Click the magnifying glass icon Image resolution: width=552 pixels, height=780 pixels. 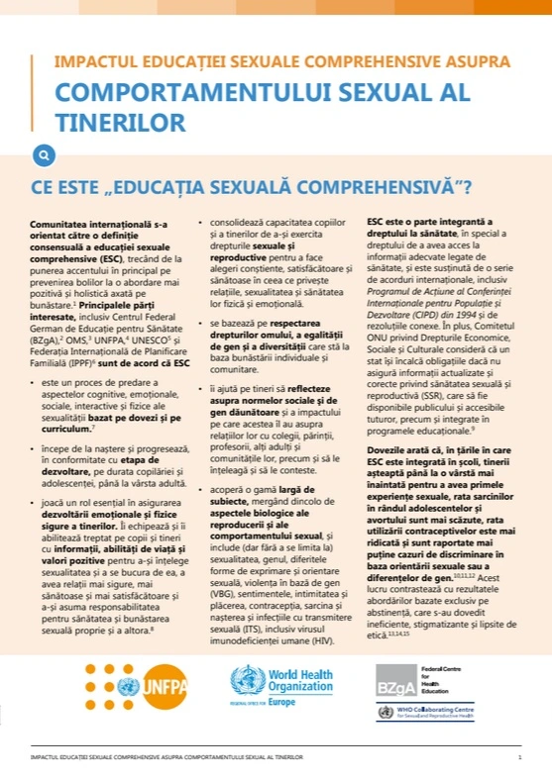point(44,154)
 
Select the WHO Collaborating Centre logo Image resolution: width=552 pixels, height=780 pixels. point(441,712)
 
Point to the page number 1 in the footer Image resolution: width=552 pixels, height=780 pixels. point(519,757)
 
